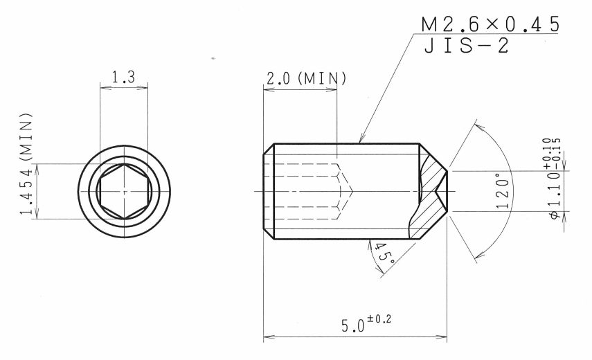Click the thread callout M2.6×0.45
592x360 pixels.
490,24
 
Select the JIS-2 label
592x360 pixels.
467,46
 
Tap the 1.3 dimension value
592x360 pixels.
123,77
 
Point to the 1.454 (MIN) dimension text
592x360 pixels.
27,163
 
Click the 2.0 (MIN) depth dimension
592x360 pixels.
306,78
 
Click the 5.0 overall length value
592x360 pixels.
353,325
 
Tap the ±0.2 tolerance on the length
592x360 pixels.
379,319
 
